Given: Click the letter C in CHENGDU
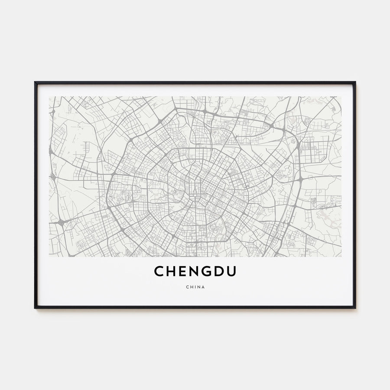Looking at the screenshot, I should (x=159, y=271).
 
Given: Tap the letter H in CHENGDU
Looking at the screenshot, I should (x=171, y=271).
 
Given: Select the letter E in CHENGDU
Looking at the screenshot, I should (x=183, y=271).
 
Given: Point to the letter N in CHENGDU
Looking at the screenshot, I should (x=195, y=271).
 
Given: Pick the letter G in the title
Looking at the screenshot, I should (x=207, y=271).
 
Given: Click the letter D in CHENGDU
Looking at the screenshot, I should (x=220, y=271).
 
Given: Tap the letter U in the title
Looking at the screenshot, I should (x=232, y=271).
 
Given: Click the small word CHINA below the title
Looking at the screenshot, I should (x=195, y=286).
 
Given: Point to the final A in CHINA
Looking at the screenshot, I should (x=203, y=286).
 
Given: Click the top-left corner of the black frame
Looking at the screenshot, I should (x=35, y=82).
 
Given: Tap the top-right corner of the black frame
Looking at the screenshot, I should (x=355, y=82).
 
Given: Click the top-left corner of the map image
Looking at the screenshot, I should (x=49, y=97).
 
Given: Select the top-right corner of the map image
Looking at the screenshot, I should (x=341, y=97).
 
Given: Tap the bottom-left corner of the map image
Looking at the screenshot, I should (x=49, y=257).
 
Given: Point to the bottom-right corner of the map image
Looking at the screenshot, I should (x=341, y=257).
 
